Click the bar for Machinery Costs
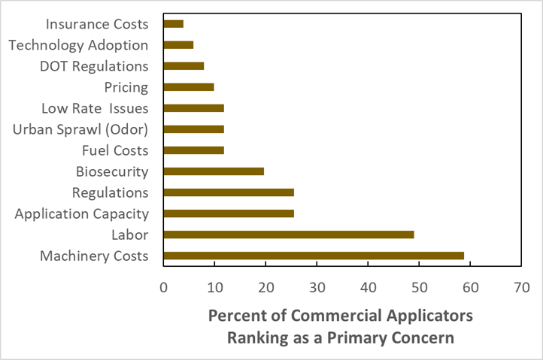314,256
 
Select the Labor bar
289,234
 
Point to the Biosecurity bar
214,171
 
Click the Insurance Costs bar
174,24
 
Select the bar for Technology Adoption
178,45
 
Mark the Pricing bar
189,87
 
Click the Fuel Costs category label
115,150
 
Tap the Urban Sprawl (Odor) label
80,129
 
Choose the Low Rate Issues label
95,108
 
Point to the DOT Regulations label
94,66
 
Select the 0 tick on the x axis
163,287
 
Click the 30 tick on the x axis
317,287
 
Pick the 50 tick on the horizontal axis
419,287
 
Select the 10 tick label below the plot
214,287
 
